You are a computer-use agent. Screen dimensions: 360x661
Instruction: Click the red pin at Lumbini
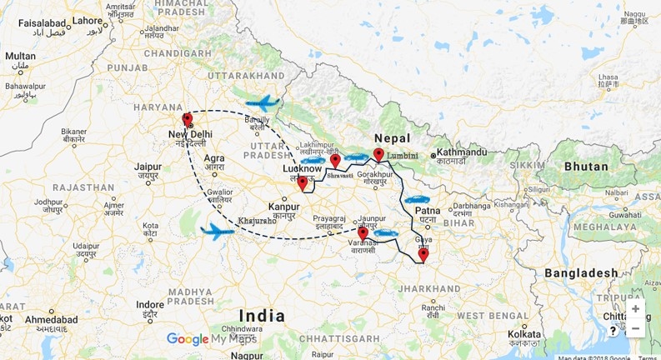(378, 154)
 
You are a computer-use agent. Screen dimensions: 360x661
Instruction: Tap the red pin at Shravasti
(335, 160)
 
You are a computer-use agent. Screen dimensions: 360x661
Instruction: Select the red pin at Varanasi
(363, 233)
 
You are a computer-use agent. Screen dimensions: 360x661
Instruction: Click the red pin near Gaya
(423, 254)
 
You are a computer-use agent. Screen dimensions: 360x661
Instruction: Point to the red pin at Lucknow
(303, 183)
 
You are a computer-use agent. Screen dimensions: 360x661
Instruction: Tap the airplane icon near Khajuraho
(218, 230)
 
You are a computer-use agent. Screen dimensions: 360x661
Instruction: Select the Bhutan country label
(587, 166)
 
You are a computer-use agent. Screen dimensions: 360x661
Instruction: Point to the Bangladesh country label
(581, 272)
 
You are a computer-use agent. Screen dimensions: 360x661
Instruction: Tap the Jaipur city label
(148, 167)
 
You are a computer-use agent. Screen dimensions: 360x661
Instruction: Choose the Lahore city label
(87, 19)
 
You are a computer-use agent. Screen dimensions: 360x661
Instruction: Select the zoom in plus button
(636, 308)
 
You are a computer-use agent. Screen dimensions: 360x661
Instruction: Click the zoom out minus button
(636, 327)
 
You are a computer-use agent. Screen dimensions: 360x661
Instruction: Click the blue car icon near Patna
(416, 200)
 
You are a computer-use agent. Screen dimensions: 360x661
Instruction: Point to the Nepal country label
(393, 138)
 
